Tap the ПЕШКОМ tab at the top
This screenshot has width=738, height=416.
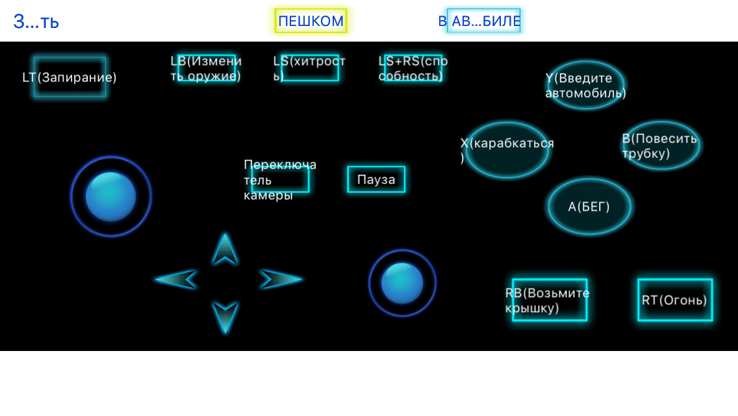click(311, 21)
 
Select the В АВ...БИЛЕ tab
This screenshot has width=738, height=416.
click(483, 21)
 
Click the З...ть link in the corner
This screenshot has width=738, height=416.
click(36, 21)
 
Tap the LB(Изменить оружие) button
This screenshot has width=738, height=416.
click(207, 68)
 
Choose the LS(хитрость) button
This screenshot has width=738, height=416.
click(310, 68)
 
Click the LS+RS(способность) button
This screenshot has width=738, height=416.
click(413, 68)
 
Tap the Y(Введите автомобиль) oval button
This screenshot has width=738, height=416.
click(586, 85)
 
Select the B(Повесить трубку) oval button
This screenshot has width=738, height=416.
click(661, 146)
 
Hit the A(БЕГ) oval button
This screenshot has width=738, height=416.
click(589, 207)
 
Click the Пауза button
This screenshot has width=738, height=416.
click(376, 179)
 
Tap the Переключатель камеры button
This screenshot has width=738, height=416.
click(281, 179)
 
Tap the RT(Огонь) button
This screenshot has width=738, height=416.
click(674, 300)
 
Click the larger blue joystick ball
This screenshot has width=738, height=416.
click(110, 196)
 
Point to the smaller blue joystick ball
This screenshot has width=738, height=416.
click(402, 283)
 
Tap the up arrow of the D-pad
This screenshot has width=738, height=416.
click(225, 249)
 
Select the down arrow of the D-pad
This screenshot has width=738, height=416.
click(225, 317)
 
